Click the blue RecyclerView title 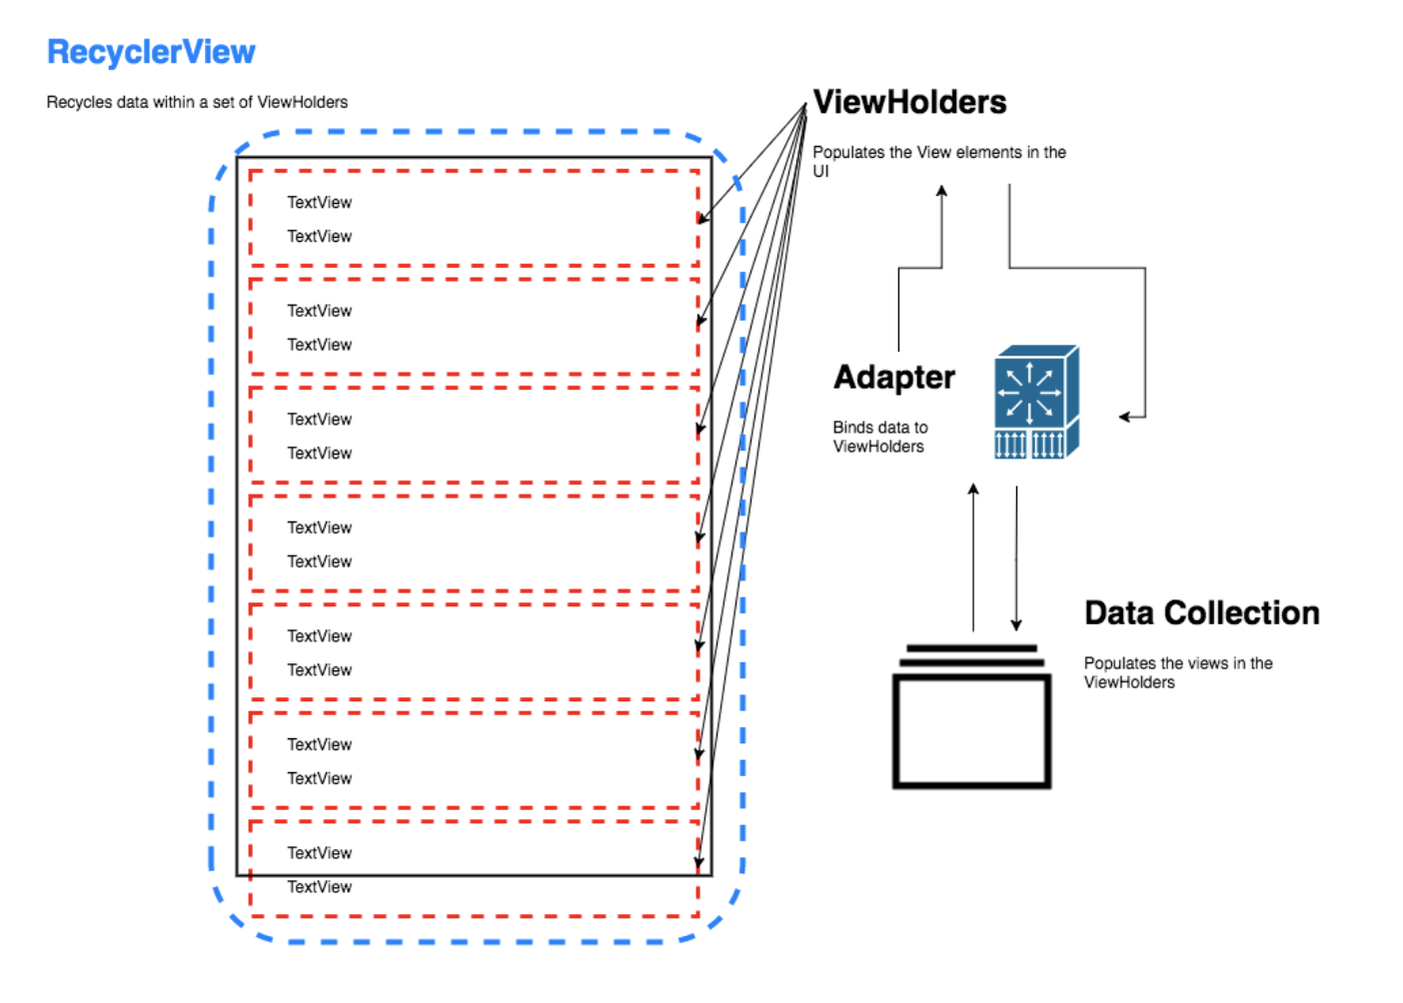pyautogui.click(x=151, y=52)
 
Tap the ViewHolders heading pyautogui.click(x=909, y=102)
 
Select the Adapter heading pyautogui.click(x=894, y=378)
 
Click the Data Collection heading pyautogui.click(x=1201, y=612)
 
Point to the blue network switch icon pyautogui.click(x=1036, y=402)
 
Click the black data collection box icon pyautogui.click(x=971, y=718)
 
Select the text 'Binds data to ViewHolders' pyautogui.click(x=879, y=437)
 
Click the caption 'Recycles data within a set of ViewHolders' pyautogui.click(x=197, y=102)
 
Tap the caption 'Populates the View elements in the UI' pyautogui.click(x=938, y=161)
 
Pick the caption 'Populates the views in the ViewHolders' pyautogui.click(x=1178, y=672)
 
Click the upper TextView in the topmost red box pyautogui.click(x=319, y=203)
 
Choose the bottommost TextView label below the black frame pyautogui.click(x=319, y=887)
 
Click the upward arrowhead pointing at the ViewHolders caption pyautogui.click(x=941, y=191)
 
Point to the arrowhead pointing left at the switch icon pyautogui.click(x=1124, y=417)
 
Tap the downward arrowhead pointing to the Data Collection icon pyautogui.click(x=1016, y=625)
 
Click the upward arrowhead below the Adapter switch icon pyautogui.click(x=973, y=490)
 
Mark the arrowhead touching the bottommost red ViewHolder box pyautogui.click(x=700, y=862)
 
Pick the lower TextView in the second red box pyautogui.click(x=319, y=345)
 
